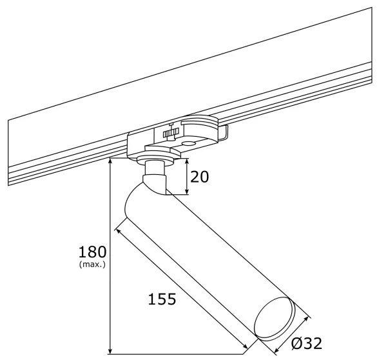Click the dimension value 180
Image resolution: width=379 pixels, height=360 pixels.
click(x=92, y=252)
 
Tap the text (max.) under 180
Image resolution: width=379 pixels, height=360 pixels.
click(x=92, y=265)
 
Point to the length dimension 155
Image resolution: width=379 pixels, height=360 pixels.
click(x=162, y=299)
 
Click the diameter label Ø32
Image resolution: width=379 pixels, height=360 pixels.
click(x=307, y=343)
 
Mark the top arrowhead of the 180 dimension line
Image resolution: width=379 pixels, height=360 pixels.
click(x=110, y=161)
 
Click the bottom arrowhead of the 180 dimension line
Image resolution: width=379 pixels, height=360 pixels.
click(x=110, y=351)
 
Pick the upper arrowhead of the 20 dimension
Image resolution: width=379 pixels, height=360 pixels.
click(x=187, y=161)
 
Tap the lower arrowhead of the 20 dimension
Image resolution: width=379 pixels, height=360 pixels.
click(x=187, y=191)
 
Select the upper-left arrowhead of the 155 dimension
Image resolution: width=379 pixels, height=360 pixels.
click(x=119, y=231)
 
